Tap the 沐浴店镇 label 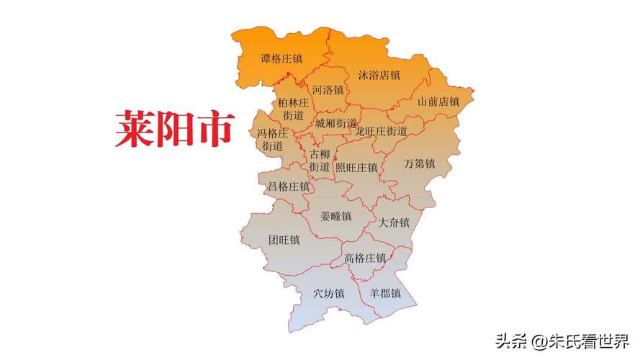(379, 75)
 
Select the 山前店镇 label (438, 102)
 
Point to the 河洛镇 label (328, 90)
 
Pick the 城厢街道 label (335, 123)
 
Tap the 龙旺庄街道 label (382, 131)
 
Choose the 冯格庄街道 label (273, 140)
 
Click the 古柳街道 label (320, 161)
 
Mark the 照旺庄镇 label (356, 167)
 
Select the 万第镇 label (419, 163)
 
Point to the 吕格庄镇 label (288, 186)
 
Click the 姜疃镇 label (335, 216)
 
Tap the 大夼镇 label (394, 222)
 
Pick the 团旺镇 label (284, 240)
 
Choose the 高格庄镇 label (365, 258)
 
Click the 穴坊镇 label (328, 294)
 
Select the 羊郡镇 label (384, 294)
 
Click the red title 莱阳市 (175, 130)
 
